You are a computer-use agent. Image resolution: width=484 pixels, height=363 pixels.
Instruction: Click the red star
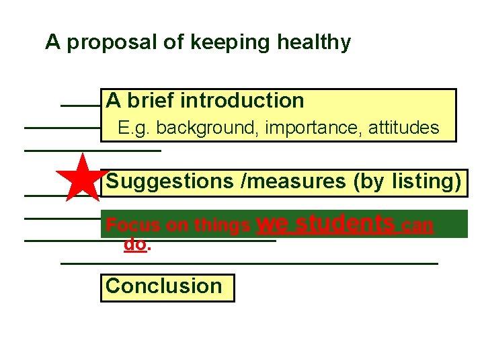[x=82, y=178]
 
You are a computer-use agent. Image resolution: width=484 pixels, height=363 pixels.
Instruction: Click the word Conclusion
[x=163, y=286]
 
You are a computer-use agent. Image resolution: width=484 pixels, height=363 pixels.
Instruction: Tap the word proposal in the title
[x=112, y=42]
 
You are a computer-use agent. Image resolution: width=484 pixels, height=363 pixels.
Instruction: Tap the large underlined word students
[x=346, y=223]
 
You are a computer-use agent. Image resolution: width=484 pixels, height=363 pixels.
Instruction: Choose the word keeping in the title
[x=223, y=42]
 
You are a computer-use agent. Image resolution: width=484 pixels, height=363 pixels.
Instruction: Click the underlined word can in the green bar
[x=417, y=226]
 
